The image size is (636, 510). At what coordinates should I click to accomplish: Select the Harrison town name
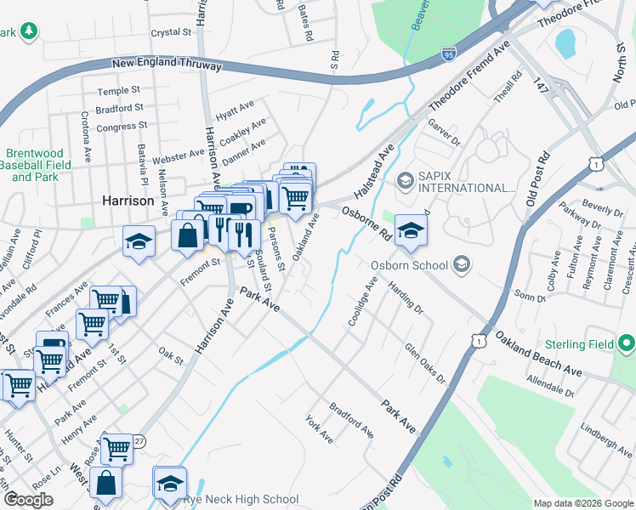(x=128, y=201)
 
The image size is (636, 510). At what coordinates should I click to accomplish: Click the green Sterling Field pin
(x=627, y=343)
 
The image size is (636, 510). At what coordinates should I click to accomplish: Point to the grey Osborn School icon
(x=461, y=264)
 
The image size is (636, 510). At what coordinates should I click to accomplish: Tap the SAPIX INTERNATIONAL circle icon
(x=406, y=180)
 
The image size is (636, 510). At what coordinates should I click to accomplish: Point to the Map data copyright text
(x=582, y=503)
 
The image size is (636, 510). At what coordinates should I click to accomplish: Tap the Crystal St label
(x=171, y=32)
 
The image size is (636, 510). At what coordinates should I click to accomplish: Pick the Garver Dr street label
(x=443, y=132)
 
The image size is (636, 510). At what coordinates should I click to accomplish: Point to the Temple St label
(x=118, y=91)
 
